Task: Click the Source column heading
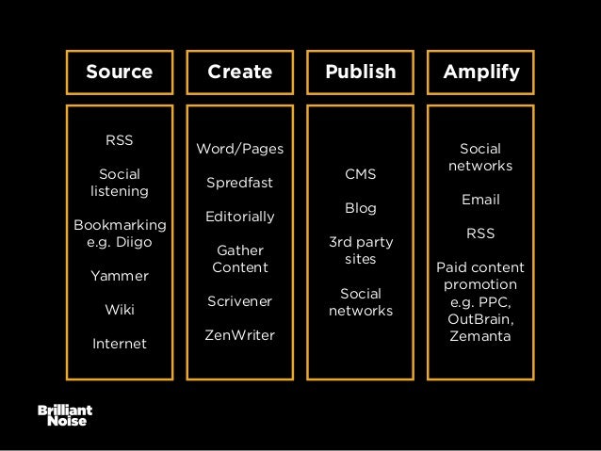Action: pos(119,72)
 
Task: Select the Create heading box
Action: pos(239,72)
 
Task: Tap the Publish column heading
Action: pos(361,72)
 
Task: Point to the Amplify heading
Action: pos(480,72)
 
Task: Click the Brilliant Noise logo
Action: pos(64,415)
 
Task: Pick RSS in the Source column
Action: pos(119,140)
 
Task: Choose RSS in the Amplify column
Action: pos(480,233)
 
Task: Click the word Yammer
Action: pos(119,276)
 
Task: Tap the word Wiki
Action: pos(119,309)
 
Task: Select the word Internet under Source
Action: pos(119,344)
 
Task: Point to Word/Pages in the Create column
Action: pos(239,149)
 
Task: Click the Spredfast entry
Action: pos(239,183)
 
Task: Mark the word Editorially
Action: pos(239,217)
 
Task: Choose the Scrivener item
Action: pos(239,301)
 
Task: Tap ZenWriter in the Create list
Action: pos(239,335)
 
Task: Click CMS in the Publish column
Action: pos(361,174)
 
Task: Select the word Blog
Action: pos(361,208)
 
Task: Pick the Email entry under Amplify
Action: pos(480,200)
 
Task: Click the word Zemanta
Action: pos(480,335)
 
